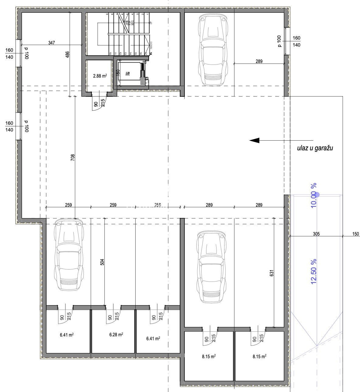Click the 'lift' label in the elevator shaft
click(127, 74)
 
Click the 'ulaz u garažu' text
click(315, 149)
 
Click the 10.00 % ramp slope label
click(314, 195)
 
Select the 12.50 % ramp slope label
click(314, 271)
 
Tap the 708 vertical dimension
click(72, 157)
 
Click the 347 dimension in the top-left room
click(52, 43)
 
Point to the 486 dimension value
click(68, 54)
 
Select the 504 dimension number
click(102, 262)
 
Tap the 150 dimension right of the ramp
click(355, 234)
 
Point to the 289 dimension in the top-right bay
click(259, 61)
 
